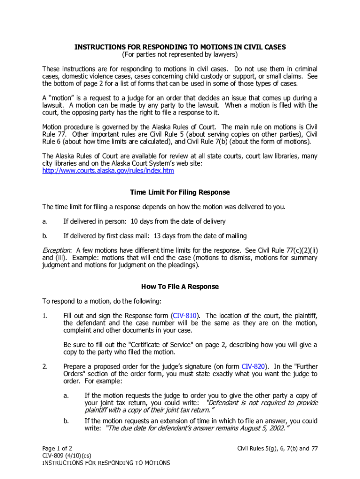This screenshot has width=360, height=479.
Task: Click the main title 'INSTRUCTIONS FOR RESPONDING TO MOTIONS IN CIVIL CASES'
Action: [180, 47]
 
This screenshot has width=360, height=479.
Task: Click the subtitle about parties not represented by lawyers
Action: [180, 55]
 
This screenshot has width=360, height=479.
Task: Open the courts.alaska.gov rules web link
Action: [108, 171]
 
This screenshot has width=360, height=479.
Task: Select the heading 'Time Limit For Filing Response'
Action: [180, 192]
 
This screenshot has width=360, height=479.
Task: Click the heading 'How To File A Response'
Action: [180, 286]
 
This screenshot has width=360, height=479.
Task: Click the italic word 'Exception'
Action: [57, 250]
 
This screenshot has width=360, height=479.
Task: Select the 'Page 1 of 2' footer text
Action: [57, 448]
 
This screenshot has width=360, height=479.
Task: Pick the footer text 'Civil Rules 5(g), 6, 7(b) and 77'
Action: [277, 448]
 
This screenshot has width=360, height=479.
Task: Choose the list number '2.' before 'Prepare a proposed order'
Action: [45, 366]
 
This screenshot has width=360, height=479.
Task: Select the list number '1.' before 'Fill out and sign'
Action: [45, 316]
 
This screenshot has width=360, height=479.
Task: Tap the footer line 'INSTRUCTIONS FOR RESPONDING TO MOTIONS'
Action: [106, 463]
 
